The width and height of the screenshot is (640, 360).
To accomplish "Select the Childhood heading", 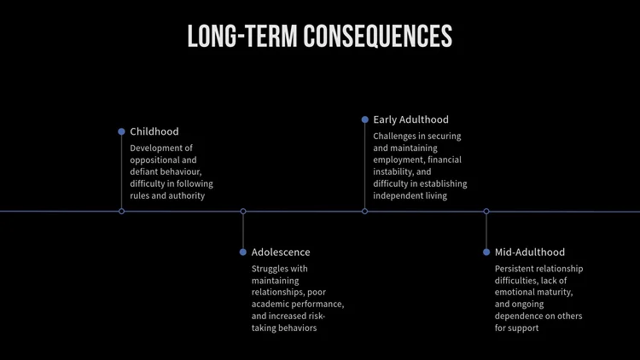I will (154, 131).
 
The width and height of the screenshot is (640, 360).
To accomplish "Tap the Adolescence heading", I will (281, 252).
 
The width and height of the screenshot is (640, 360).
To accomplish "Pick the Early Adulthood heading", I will (410, 119).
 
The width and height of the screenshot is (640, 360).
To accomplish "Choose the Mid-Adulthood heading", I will (529, 252).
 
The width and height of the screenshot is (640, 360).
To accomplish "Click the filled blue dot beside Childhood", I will (121, 131).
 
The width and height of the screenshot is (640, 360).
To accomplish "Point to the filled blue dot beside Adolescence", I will (243, 252).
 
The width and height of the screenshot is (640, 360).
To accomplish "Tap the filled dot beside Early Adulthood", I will (364, 119).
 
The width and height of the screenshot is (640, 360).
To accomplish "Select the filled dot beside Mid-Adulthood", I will (486, 252).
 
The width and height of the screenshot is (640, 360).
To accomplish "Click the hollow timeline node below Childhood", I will (121, 211).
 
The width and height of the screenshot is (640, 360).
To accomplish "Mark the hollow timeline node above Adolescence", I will (243, 211).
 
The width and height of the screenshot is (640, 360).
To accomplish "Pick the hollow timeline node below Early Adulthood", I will (364, 211).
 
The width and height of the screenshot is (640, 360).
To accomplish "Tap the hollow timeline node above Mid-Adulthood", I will (486, 211).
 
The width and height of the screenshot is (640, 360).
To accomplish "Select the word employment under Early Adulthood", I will (399, 160).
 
